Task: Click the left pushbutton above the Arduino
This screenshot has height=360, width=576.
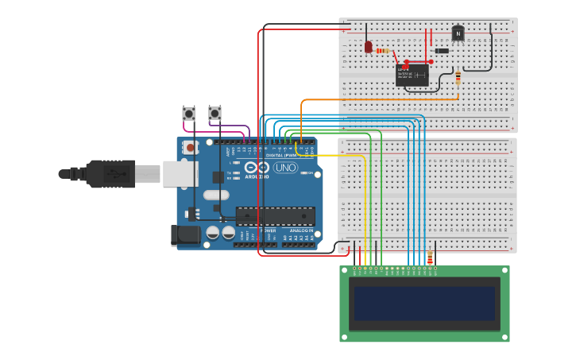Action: pos(188,114)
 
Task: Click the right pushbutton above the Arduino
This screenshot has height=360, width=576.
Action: pos(215,113)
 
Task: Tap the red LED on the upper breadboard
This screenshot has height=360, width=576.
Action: pos(368,47)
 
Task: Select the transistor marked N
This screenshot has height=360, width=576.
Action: pos(458,33)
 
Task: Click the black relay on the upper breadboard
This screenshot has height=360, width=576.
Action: pos(412,75)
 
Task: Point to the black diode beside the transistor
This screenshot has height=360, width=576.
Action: pos(442,51)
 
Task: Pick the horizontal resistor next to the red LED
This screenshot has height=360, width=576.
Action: pos(383,51)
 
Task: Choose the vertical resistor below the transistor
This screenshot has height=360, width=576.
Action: pos(458,77)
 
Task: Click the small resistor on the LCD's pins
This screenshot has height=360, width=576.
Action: pos(430,258)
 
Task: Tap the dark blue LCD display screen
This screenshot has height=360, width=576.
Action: pos(424,303)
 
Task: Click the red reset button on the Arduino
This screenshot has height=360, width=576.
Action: pos(190,147)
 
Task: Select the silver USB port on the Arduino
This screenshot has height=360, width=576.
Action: pos(180,173)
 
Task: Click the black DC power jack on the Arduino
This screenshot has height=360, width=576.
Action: pos(187,234)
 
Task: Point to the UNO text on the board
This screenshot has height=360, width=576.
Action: pos(285,168)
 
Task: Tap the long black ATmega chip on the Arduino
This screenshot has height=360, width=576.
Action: pos(275,215)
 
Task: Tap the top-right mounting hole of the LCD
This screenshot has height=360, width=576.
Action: pos(504,272)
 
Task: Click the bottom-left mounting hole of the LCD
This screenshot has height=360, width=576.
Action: pos(346,336)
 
